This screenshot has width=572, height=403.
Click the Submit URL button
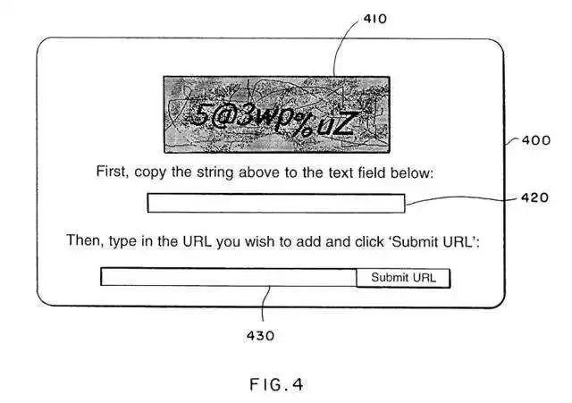(403, 278)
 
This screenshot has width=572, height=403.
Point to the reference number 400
(536, 140)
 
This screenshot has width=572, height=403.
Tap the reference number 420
(534, 198)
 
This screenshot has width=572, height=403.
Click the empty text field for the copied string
(275, 204)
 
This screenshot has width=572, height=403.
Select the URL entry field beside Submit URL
(228, 278)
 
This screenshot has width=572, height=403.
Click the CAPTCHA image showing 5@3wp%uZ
(276, 114)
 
